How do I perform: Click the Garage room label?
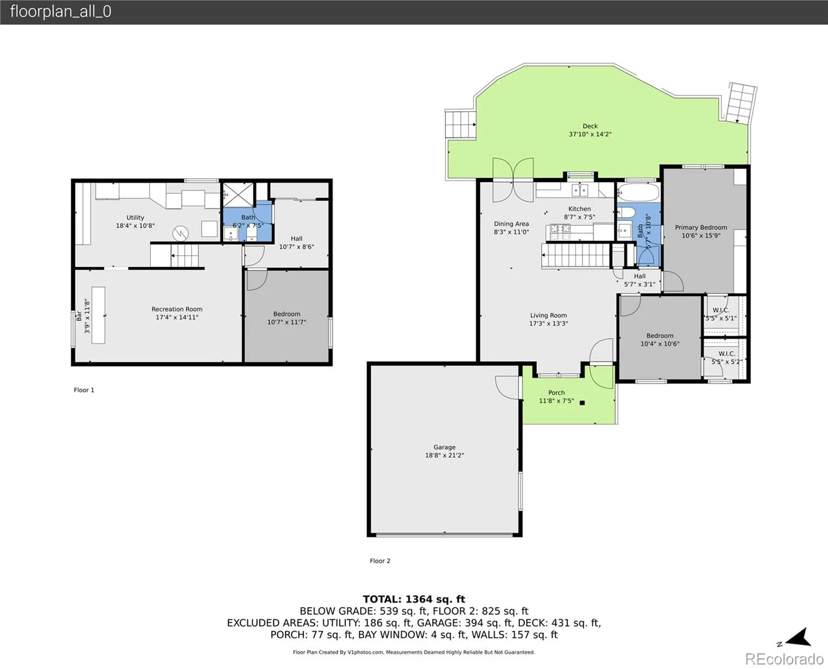[x=444, y=447]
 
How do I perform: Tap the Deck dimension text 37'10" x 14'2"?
[x=590, y=134]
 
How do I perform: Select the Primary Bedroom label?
[x=701, y=227]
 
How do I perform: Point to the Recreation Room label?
[x=177, y=309]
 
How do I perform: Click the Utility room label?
[x=135, y=217]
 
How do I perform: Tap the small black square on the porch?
[x=583, y=403]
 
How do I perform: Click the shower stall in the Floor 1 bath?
[x=238, y=194]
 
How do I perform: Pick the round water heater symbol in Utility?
[x=180, y=234]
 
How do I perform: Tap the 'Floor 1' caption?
[x=84, y=390]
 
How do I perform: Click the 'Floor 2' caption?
[x=380, y=561]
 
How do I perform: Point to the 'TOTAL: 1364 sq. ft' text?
[x=414, y=599]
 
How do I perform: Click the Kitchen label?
[x=580, y=209]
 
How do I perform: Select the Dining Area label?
[x=511, y=224]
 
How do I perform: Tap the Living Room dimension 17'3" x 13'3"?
[x=548, y=323]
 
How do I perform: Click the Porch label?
[x=556, y=392]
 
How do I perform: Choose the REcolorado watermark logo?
[x=784, y=659]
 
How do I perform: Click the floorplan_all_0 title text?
[x=61, y=12]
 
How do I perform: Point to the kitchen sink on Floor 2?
[x=580, y=190]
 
